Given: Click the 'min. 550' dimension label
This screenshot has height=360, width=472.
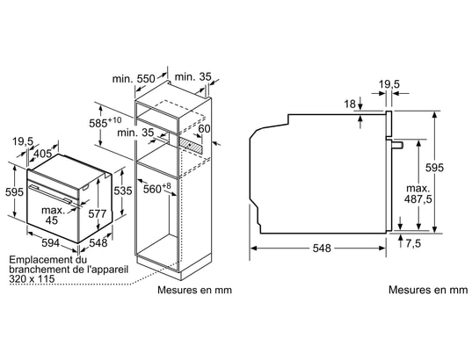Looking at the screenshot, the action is [134, 79].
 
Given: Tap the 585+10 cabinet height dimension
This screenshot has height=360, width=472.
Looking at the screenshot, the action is [105, 122].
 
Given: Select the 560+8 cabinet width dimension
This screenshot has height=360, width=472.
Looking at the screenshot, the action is [156, 188].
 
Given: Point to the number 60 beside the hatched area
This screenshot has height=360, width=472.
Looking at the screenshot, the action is [204, 129].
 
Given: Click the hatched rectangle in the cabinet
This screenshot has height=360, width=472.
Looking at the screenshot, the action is [190, 144].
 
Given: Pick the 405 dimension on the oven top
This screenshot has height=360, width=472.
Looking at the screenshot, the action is [42, 154].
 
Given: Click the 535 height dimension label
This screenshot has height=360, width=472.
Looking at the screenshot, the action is [123, 191].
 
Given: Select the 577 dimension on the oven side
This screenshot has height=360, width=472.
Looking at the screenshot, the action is [98, 213].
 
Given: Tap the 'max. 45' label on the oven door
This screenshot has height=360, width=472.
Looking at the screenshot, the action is [54, 215].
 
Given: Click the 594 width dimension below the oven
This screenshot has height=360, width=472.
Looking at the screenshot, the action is [50, 242].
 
